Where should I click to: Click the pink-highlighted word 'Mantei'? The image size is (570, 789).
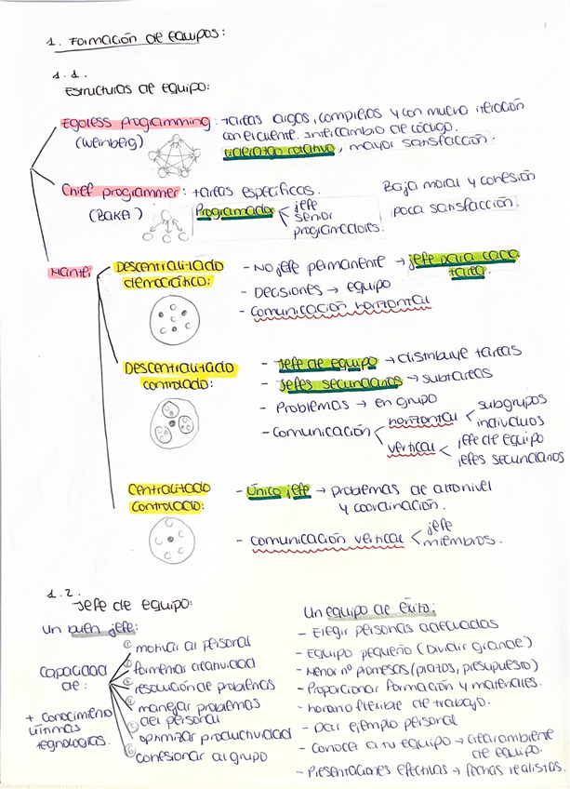click(69, 273)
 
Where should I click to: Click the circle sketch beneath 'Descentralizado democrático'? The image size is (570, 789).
click(172, 320)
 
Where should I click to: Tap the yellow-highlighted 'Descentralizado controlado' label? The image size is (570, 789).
click(179, 376)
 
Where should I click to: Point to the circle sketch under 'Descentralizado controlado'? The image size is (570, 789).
click(175, 423)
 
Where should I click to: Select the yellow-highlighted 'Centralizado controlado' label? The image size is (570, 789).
click(169, 498)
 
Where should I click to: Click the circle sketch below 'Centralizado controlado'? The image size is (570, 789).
click(172, 541)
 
